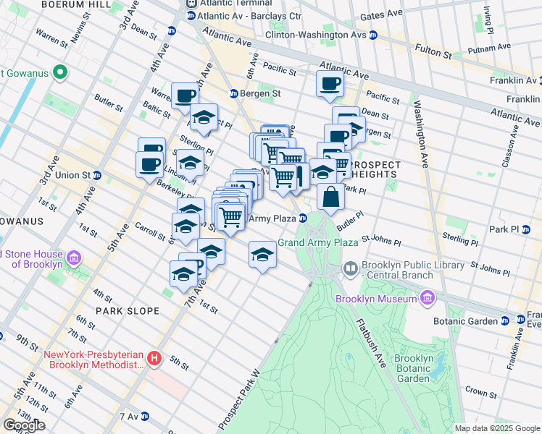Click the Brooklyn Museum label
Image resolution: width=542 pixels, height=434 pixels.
(375, 299)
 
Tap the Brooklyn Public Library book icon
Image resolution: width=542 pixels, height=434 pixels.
(351, 269)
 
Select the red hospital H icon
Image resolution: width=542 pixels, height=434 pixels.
(154, 358)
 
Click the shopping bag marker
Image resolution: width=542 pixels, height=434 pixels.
(330, 197)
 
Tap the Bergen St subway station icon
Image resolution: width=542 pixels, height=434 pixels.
(234, 93)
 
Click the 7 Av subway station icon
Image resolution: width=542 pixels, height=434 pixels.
(145, 417)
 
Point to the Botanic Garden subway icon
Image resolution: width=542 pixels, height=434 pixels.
(504, 320)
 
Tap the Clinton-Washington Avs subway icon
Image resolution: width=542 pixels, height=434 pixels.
(372, 35)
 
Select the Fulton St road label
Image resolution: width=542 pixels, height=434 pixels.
(433, 49)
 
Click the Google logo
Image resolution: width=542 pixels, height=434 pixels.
(23, 425)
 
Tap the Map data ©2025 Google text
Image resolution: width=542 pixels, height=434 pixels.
(496, 428)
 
